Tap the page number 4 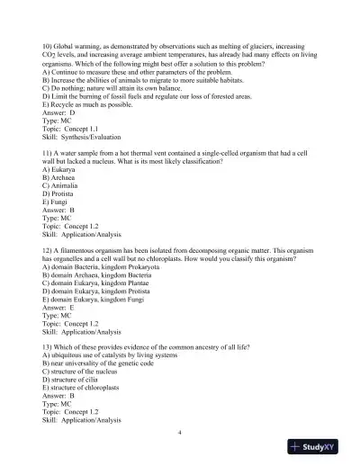pyautogui.click(x=180, y=433)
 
